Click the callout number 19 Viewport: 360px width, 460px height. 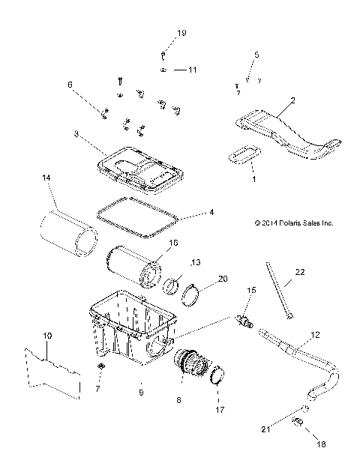181,32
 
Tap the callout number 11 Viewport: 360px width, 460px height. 192,70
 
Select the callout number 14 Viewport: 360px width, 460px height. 46,178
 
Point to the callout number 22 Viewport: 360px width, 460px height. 300,272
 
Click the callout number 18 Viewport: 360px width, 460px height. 321,444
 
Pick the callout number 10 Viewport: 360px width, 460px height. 47,336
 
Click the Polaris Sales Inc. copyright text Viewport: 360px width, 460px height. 294,223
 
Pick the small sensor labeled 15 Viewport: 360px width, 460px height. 244,321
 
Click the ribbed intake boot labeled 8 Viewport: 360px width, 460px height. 190,363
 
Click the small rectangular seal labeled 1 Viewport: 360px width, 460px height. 244,154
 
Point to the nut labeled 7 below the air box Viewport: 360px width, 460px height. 101,366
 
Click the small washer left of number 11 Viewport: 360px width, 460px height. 163,70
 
